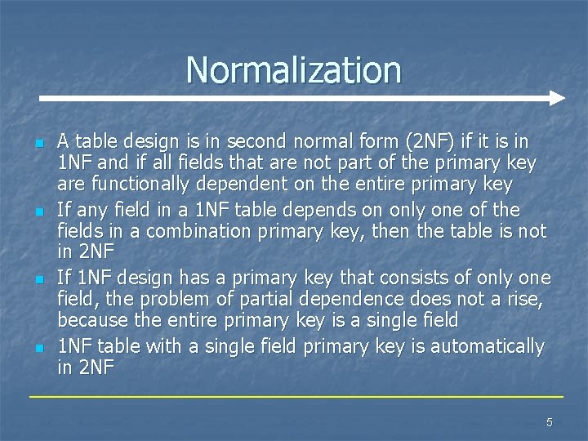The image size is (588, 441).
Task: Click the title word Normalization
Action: [x=293, y=70]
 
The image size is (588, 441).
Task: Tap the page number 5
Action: [x=549, y=422]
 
